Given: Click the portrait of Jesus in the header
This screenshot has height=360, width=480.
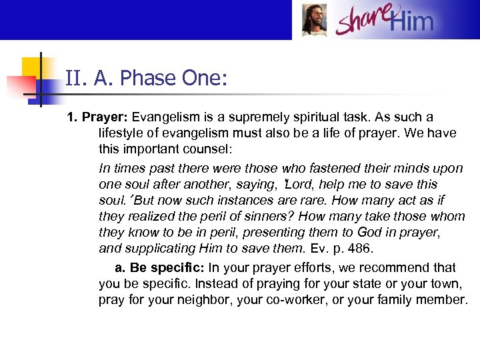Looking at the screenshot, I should tap(314, 20).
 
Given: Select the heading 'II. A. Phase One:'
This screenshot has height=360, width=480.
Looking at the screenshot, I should tap(147, 79).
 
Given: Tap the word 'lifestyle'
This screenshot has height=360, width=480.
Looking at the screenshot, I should tap(121, 133).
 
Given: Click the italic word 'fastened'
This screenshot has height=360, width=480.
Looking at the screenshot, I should tap(309, 168).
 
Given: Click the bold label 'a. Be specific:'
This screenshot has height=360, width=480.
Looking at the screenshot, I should tap(160, 267).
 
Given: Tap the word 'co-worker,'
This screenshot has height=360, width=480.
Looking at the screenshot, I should tap(292, 299).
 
